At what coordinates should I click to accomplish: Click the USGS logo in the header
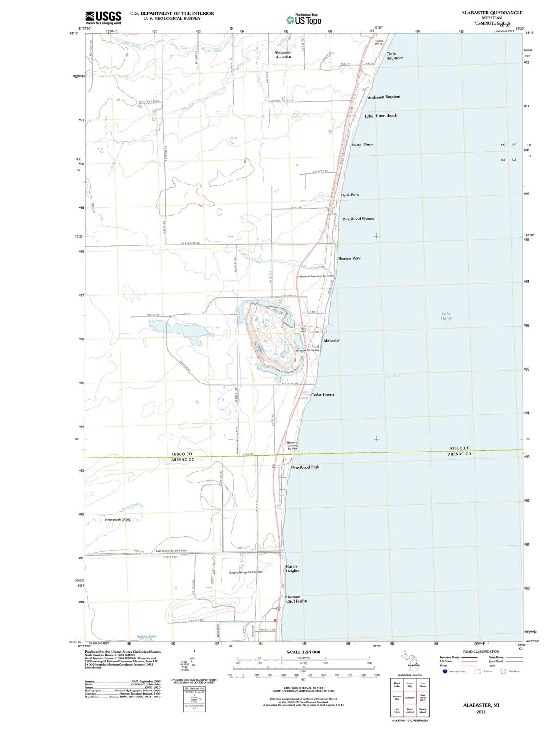[103, 17]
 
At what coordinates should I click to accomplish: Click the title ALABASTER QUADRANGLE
[492, 13]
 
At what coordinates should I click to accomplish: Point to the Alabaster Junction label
[283, 55]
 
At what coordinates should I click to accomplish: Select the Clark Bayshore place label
[394, 56]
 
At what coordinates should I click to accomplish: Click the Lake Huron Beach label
[381, 116]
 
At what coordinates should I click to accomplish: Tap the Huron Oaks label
[362, 144]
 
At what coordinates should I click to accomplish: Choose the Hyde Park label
[350, 195]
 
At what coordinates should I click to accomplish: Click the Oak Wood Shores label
[358, 219]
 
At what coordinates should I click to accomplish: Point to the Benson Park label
[349, 258]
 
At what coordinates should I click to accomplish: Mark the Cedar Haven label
[322, 395]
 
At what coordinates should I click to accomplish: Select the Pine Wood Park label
[305, 467]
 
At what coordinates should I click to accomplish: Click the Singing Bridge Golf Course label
[246, 572]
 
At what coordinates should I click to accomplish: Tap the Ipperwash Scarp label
[118, 520]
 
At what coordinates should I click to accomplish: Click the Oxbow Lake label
[146, 637]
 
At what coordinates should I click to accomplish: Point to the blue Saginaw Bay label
[388, 376]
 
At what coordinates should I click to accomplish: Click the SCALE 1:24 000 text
[304, 652]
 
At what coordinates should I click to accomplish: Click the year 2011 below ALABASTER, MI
[481, 712]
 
